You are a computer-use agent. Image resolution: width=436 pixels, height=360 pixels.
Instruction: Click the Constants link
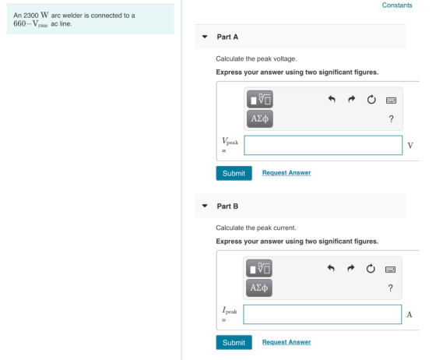tap(397, 5)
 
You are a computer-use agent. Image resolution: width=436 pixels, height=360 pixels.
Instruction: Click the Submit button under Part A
tap(234, 173)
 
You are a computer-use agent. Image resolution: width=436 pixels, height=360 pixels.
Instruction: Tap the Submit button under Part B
tap(234, 343)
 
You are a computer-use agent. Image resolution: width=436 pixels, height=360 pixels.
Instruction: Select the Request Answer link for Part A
tap(287, 173)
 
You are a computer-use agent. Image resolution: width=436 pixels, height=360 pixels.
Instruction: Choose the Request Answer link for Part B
tap(287, 342)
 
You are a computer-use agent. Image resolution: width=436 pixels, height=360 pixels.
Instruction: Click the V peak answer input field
tap(323, 145)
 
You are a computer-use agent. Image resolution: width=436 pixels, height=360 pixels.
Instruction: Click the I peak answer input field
tap(322, 314)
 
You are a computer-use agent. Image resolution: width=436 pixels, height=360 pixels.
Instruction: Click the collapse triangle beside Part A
tap(205, 37)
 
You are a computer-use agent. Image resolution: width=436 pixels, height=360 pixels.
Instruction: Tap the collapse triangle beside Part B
tap(205, 206)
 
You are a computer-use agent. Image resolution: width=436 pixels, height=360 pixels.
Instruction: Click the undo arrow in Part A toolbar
tap(332, 99)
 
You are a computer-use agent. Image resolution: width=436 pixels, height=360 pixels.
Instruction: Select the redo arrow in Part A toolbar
tap(351, 99)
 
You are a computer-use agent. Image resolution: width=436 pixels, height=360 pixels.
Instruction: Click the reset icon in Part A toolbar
tap(371, 99)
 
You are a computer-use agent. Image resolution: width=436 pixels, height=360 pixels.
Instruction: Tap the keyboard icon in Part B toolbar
tap(390, 270)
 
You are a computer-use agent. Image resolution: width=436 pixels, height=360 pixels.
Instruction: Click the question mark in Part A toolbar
tap(391, 118)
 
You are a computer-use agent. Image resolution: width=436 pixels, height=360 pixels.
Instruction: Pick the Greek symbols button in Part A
tap(260, 118)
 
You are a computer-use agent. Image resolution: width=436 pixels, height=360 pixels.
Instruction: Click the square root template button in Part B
tap(259, 268)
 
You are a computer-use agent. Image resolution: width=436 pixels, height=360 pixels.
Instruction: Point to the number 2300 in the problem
tap(31, 16)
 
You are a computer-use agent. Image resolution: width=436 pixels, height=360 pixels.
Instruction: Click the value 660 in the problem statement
tap(19, 23)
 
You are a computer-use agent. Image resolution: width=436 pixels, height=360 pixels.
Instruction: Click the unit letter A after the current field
tap(410, 315)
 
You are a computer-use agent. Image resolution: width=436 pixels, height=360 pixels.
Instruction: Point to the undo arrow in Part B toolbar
tap(331, 268)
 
